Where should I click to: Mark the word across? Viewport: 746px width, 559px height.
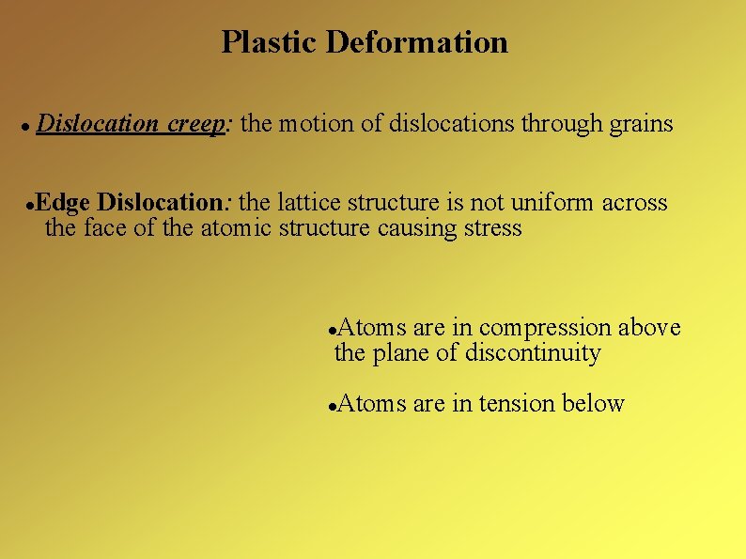[x=634, y=203]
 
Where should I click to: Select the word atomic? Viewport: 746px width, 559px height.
[x=237, y=228]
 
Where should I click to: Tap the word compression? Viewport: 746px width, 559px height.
[x=545, y=328]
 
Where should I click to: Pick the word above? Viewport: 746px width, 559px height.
[x=649, y=328]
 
